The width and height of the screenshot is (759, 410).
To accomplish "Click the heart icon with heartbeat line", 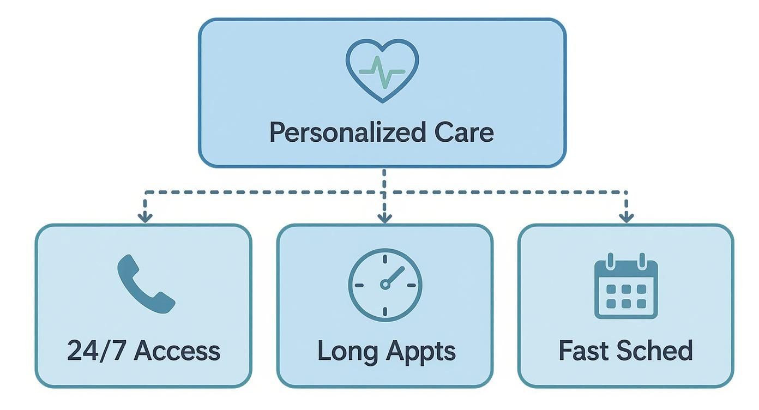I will [382, 70].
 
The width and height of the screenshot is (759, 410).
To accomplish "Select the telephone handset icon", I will [144, 284].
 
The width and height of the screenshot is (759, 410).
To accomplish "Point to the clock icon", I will [385, 284].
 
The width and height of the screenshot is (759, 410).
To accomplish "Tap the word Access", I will [177, 351].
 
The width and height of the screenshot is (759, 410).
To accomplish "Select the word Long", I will [341, 351].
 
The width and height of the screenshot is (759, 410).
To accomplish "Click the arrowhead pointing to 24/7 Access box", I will [144, 218].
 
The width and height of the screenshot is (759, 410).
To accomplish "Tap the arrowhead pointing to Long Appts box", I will [385, 218].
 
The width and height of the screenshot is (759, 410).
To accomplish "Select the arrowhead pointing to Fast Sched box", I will [627, 218].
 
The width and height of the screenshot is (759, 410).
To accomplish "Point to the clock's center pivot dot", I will [385, 284].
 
